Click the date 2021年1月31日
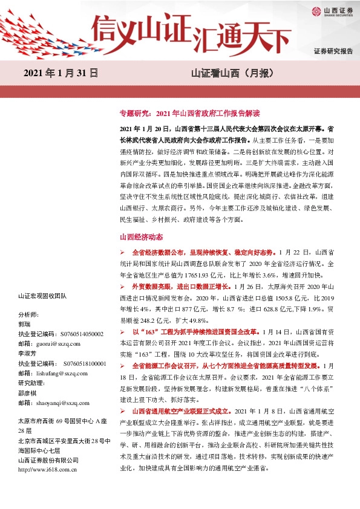(x=61, y=74)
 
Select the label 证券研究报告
(x=333, y=51)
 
